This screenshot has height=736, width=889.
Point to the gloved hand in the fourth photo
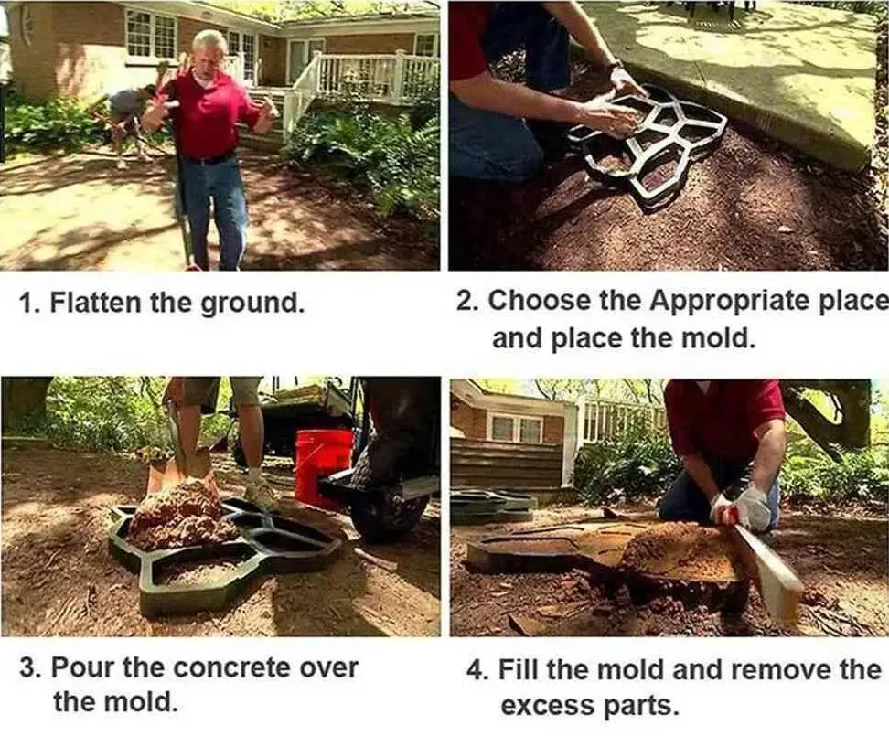[742, 507]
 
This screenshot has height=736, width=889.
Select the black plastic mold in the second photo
[647, 144]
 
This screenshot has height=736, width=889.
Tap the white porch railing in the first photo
[361, 84]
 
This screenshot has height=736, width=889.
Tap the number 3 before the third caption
[27, 668]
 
